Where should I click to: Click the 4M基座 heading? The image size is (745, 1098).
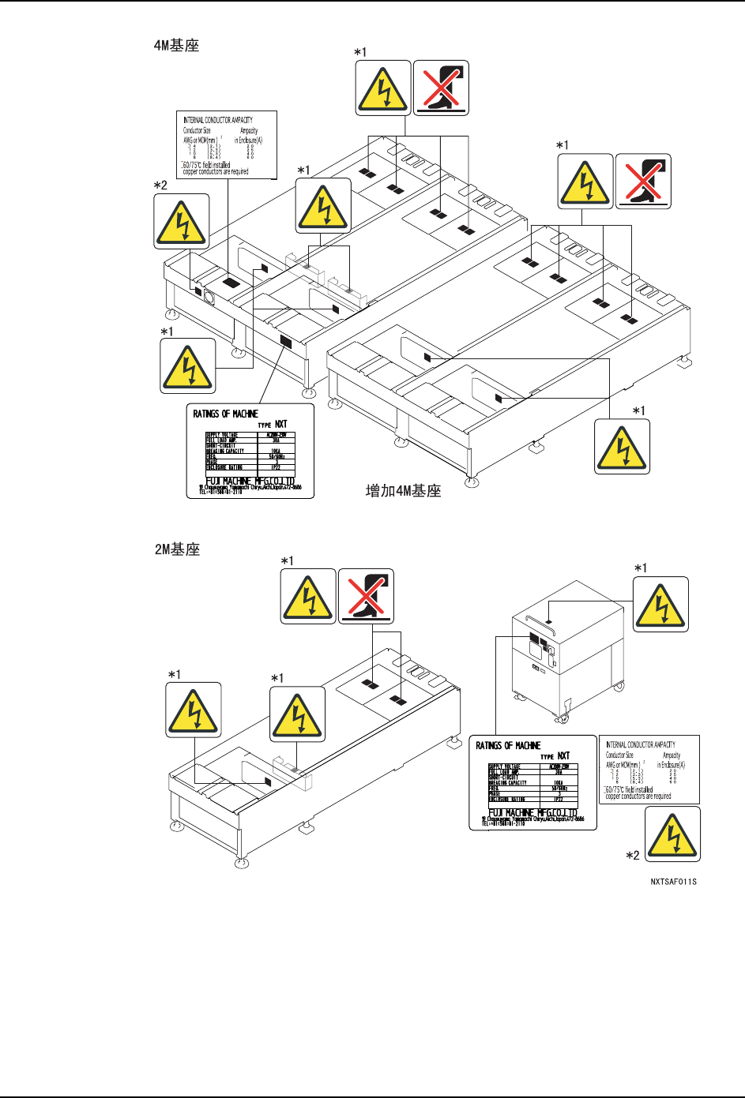(x=176, y=46)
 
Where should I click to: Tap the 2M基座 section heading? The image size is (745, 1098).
(x=177, y=549)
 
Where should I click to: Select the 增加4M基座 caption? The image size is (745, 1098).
(x=403, y=491)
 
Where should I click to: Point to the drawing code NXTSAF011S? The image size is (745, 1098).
(x=673, y=882)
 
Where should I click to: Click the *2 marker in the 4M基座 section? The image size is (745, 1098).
(x=160, y=185)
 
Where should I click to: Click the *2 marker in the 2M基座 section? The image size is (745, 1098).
(x=632, y=855)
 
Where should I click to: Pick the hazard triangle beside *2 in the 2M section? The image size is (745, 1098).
(x=672, y=835)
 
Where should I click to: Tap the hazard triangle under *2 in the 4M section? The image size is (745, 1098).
(x=182, y=222)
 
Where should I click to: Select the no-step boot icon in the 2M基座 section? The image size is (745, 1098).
(x=366, y=596)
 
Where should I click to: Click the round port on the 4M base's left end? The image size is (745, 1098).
(x=210, y=297)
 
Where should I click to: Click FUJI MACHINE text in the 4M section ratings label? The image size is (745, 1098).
(x=250, y=481)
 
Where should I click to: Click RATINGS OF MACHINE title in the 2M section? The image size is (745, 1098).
(x=508, y=745)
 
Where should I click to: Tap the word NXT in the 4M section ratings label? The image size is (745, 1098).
(x=281, y=424)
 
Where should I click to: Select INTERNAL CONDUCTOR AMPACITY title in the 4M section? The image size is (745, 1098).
(x=218, y=120)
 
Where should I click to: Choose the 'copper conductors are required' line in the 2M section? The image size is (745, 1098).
(x=638, y=796)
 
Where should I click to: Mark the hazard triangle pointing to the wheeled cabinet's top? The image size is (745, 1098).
(x=661, y=605)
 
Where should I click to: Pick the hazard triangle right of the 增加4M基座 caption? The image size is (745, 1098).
(x=622, y=447)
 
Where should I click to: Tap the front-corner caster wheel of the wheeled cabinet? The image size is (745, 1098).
(x=563, y=720)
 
